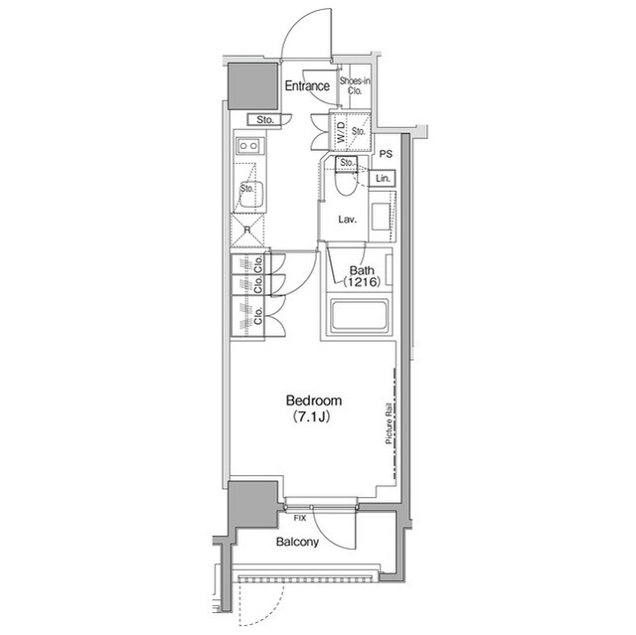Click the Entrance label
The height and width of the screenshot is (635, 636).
307,86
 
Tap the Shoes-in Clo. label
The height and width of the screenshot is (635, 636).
355,85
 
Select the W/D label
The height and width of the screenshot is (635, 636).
341,132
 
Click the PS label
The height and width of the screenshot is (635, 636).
387,154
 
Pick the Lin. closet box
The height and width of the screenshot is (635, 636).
382,178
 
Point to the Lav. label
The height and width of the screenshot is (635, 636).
348,220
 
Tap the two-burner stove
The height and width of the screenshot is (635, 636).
249,146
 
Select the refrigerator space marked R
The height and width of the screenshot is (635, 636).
247,231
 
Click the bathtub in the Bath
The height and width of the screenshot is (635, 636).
359,316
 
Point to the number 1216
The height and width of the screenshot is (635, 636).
362,282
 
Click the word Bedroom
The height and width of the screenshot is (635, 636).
314,400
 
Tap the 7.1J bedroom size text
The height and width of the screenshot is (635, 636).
311,416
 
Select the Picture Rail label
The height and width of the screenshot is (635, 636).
389,423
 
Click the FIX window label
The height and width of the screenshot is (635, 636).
300,518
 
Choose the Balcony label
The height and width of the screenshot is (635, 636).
297,542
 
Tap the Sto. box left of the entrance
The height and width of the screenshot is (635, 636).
265,120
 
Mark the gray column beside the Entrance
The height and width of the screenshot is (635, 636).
253,86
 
